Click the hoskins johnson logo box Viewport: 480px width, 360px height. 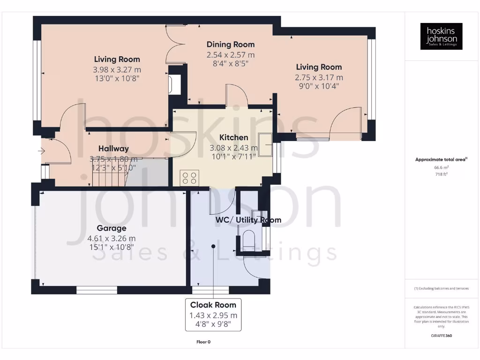point(441,36)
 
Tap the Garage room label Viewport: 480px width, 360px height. point(112,228)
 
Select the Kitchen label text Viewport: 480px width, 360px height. point(234,137)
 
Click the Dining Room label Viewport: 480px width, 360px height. point(231,45)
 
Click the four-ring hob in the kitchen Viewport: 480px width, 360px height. point(189,178)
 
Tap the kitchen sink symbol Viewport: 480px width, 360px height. point(265,144)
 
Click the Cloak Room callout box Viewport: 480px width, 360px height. point(213,314)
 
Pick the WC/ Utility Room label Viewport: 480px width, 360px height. point(248,220)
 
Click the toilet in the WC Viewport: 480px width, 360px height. point(248,240)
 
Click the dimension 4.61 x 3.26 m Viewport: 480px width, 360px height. point(112,238)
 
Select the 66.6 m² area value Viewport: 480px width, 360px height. point(441,167)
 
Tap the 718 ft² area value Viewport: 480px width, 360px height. point(441,174)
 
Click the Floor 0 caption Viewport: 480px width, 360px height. point(203,342)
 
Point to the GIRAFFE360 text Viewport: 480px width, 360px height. point(441,336)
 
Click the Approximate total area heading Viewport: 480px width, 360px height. point(441,160)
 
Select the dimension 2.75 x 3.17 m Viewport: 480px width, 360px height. point(319,77)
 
